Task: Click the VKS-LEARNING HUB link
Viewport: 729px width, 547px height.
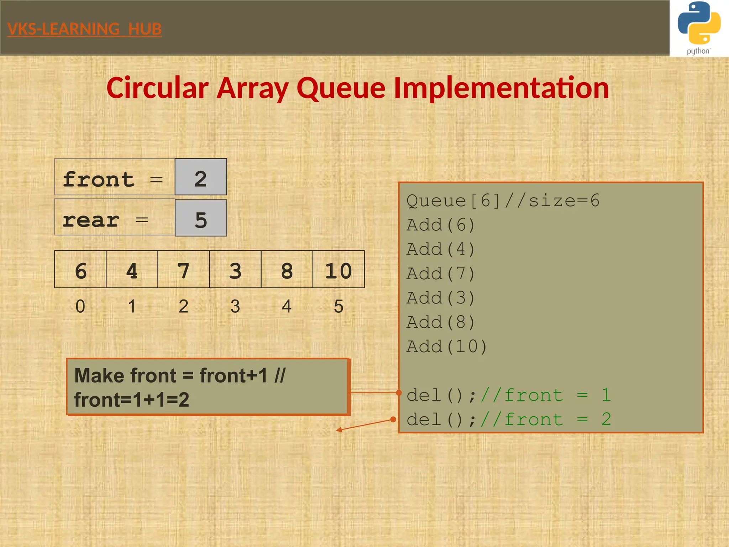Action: [84, 29]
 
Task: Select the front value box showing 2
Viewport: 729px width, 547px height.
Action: [201, 177]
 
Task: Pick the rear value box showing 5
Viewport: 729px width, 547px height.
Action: [201, 218]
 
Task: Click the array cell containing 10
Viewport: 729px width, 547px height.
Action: [339, 269]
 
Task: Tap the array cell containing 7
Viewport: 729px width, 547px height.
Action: [184, 269]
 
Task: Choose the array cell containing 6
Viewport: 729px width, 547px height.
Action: [80, 269]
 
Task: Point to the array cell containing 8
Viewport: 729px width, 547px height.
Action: [287, 269]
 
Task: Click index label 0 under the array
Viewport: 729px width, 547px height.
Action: [80, 306]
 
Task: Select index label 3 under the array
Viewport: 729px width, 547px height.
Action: [235, 306]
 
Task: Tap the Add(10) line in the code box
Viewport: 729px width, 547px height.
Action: [446, 347]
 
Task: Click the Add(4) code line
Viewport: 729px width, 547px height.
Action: [441, 249]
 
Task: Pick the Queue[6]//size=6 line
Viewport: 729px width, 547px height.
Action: [503, 201]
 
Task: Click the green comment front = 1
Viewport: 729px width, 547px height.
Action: [546, 395]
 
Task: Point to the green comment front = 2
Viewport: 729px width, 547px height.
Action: [546, 420]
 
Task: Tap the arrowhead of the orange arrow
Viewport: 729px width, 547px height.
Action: [339, 430]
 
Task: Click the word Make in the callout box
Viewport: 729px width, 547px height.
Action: [99, 376]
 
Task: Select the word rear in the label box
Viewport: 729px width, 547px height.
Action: [91, 220]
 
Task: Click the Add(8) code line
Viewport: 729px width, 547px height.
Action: [441, 322]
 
